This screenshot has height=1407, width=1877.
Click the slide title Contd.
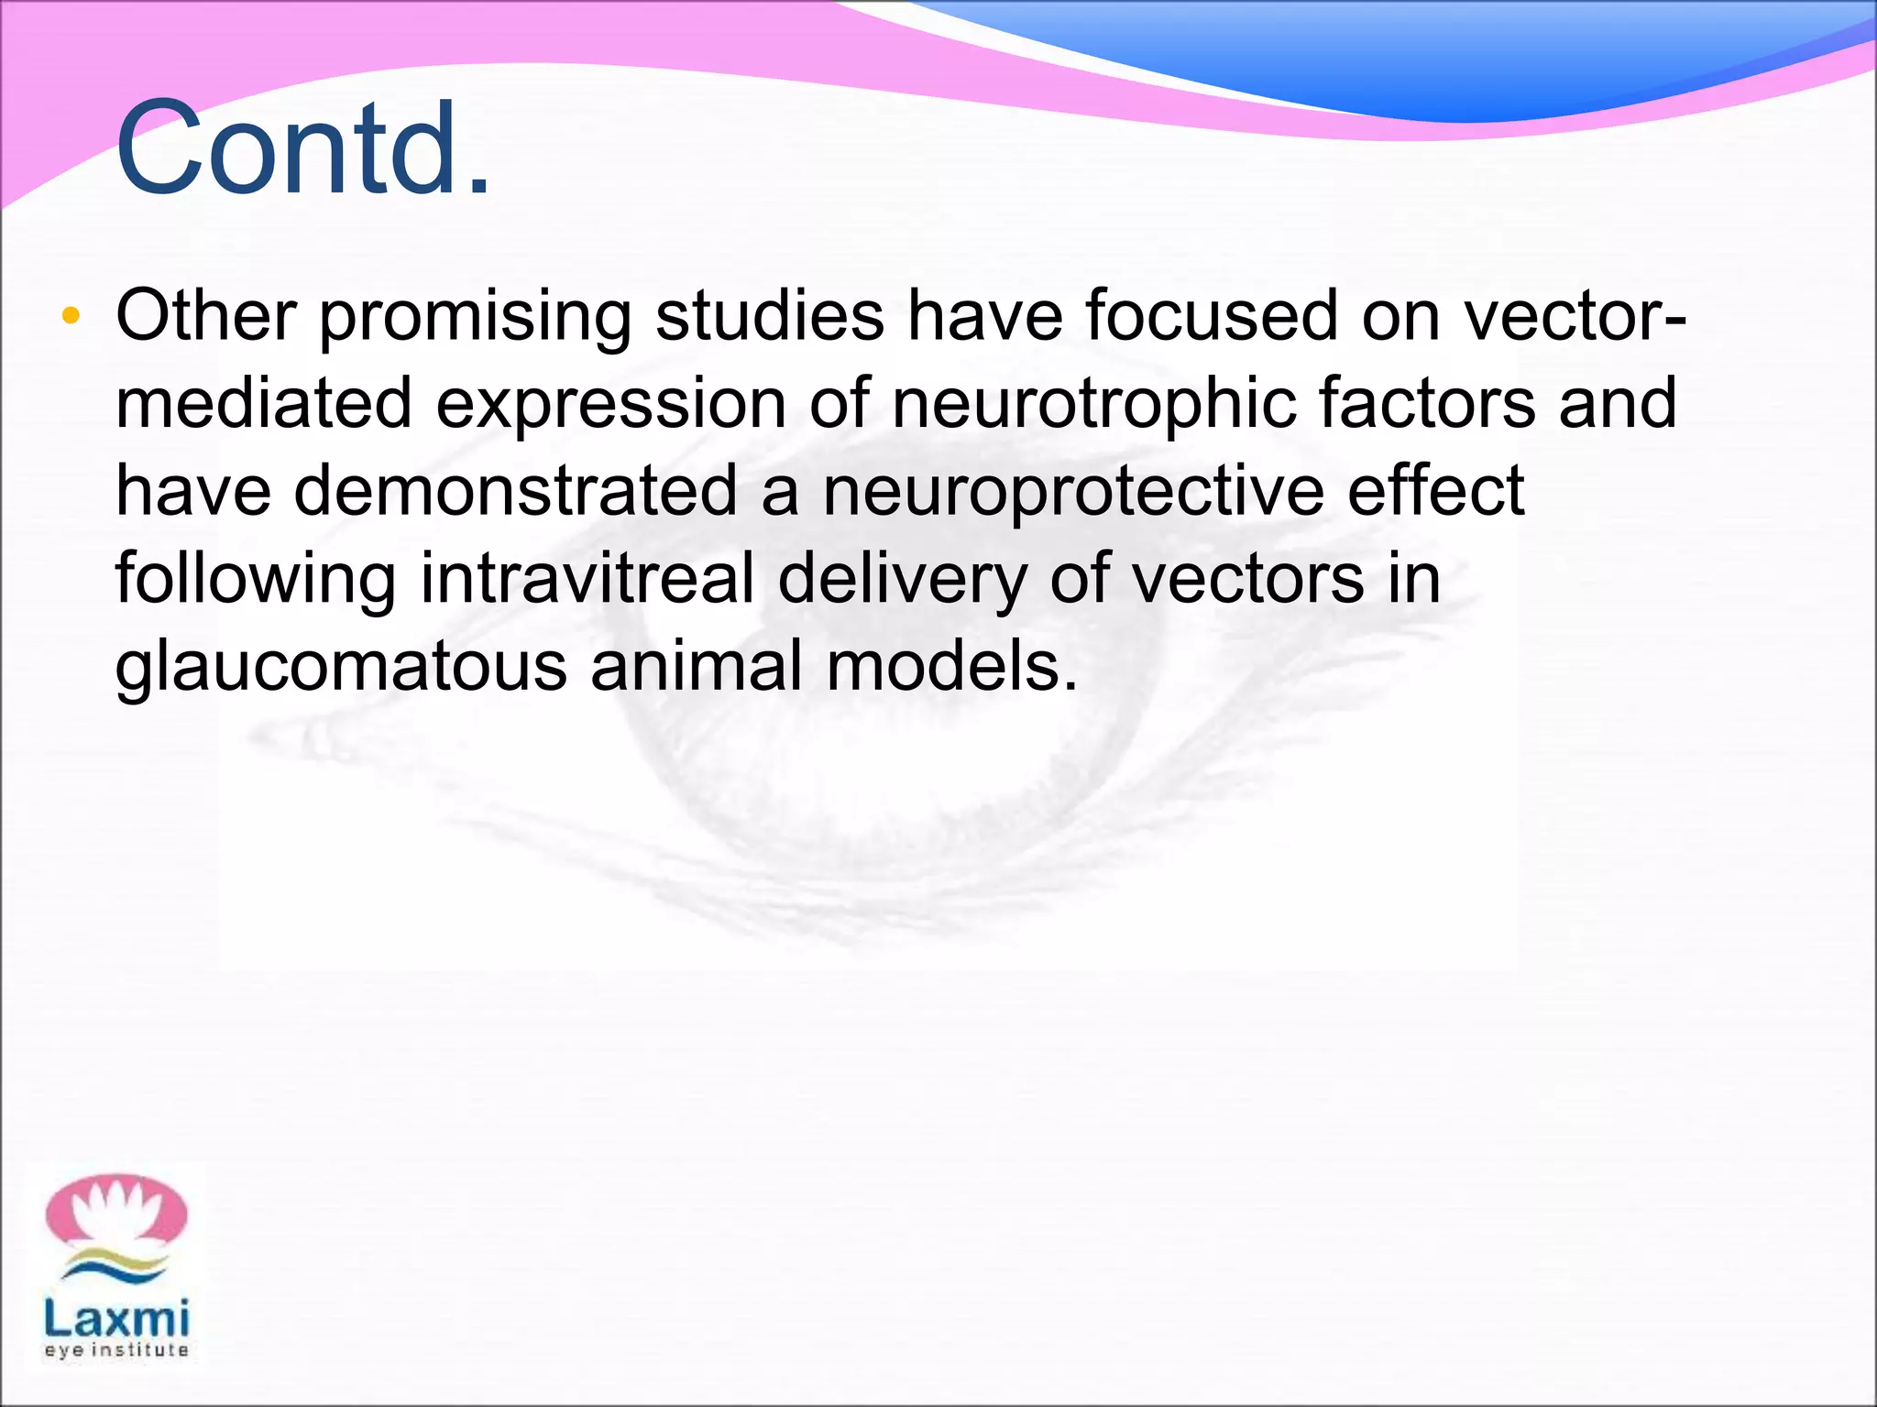[302, 149]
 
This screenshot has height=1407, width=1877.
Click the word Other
[205, 316]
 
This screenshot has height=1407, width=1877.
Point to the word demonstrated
[516, 491]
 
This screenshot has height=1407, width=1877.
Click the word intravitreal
[587, 579]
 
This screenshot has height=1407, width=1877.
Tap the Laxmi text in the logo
[116, 1320]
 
